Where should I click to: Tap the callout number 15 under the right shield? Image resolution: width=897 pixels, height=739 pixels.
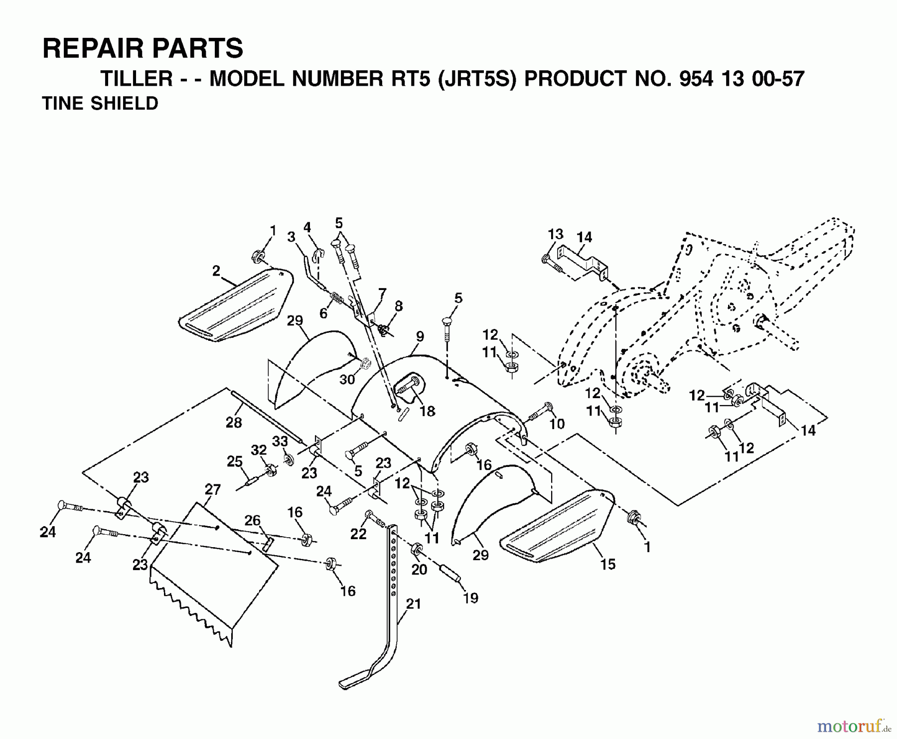[x=608, y=564]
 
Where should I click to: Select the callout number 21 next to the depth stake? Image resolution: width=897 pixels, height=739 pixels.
[x=414, y=604]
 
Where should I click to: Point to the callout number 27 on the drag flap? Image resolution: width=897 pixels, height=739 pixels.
[x=213, y=489]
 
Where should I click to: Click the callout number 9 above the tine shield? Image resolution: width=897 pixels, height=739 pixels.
[x=420, y=336]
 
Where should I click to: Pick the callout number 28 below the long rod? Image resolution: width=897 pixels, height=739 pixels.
[x=234, y=423]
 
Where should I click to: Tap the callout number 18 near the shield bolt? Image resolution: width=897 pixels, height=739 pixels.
[x=428, y=411]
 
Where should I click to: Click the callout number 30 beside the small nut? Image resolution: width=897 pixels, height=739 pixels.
[x=347, y=379]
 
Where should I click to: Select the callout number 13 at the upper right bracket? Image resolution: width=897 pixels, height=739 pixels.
[x=555, y=234]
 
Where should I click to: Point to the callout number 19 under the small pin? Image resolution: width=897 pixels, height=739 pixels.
[x=470, y=597]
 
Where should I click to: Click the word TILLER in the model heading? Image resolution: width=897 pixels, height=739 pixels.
[x=137, y=79]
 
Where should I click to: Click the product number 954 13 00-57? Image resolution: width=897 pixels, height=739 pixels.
[x=735, y=79]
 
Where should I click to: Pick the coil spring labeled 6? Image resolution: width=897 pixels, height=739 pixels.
[x=338, y=301]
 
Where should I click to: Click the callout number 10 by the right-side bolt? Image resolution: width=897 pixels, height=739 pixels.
[x=557, y=424]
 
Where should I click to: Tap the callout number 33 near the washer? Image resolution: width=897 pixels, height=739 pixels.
[x=280, y=441]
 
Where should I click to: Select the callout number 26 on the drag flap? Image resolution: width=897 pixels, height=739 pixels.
[x=253, y=520]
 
